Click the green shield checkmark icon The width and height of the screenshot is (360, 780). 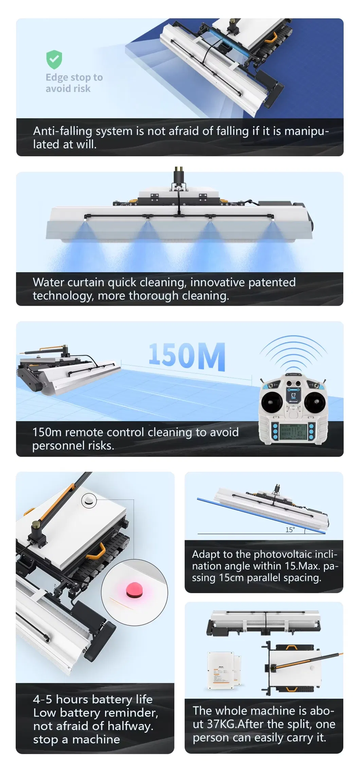click(x=54, y=59)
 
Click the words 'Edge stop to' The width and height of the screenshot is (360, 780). click(x=74, y=77)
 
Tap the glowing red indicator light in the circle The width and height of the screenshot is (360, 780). click(x=134, y=590)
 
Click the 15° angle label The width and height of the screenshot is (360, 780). click(x=290, y=530)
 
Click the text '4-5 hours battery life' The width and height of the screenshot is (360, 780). click(x=93, y=699)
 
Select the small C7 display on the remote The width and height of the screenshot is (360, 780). click(x=293, y=396)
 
